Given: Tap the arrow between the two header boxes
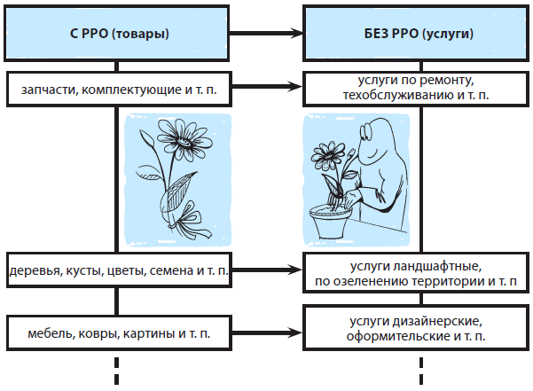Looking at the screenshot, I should coord(269,34).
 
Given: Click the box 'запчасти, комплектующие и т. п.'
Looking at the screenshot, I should coord(117,87).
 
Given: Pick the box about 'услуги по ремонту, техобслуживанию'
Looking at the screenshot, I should coord(419,86).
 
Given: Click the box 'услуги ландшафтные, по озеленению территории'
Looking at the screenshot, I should coord(419,271).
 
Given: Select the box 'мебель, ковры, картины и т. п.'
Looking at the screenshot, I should coord(117,332).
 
